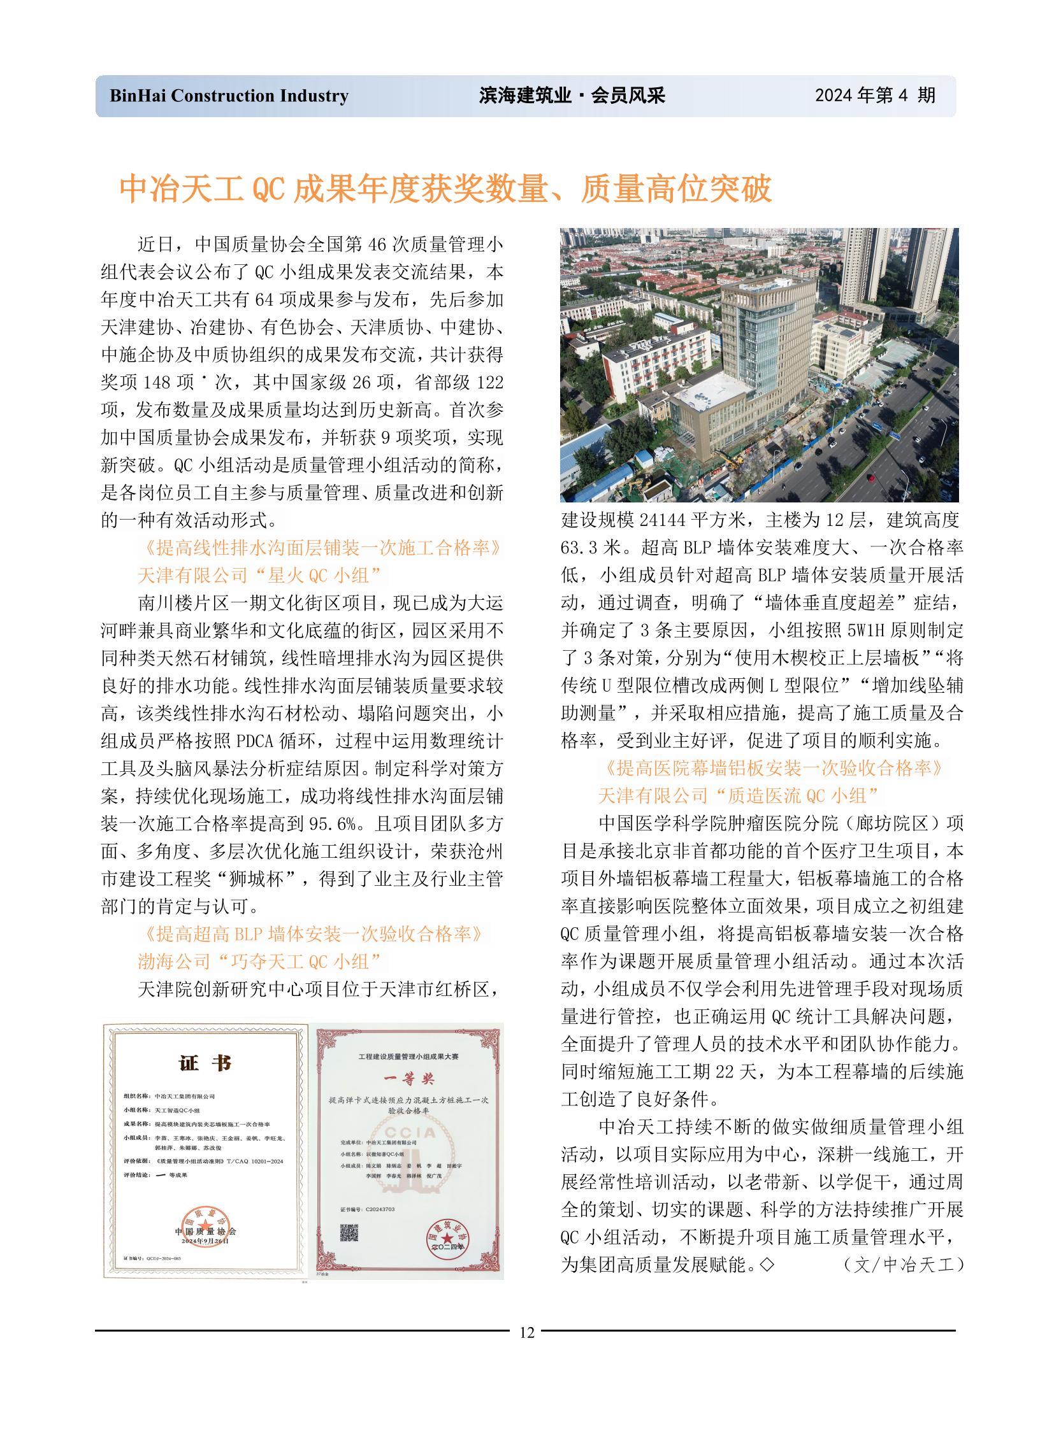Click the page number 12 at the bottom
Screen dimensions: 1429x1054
pyautogui.click(x=526, y=1332)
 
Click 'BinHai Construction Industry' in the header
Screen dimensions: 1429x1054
pyautogui.click(x=229, y=96)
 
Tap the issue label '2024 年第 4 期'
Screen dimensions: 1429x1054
pyautogui.click(x=875, y=96)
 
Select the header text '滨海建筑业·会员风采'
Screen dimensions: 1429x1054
pyautogui.click(x=572, y=96)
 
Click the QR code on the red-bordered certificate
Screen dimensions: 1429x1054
pyautogui.click(x=349, y=1233)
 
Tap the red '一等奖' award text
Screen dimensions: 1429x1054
pyautogui.click(x=408, y=1078)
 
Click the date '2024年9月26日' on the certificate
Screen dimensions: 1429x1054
pyautogui.click(x=205, y=1241)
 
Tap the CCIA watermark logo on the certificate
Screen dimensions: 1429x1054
pyautogui.click(x=410, y=1132)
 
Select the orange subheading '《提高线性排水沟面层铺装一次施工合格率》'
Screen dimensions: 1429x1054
pyautogui.click(x=321, y=548)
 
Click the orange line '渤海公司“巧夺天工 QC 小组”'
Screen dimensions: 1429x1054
pyautogui.click(x=259, y=962)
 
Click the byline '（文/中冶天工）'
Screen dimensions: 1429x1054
pyautogui.click(x=903, y=1265)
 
